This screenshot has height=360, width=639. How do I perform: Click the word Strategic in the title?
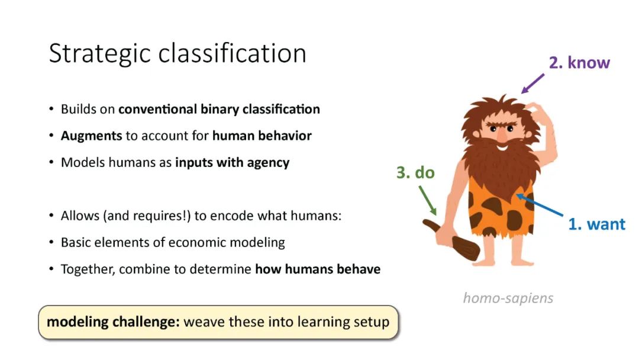click(100, 54)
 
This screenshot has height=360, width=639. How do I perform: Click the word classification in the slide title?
click(233, 53)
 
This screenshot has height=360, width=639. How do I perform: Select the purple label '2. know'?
click(579, 63)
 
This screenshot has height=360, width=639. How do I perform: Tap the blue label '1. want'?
click(596, 224)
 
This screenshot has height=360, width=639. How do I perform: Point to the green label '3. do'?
click(415, 172)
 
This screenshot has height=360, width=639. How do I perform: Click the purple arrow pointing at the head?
click(532, 83)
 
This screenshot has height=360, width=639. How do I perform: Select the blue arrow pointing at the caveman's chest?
click(540, 205)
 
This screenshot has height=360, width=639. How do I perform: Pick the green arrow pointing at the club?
click(428, 201)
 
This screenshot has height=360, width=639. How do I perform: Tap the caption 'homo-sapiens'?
click(508, 298)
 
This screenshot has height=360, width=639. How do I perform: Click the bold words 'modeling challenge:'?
click(113, 322)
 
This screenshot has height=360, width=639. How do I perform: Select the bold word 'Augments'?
click(91, 136)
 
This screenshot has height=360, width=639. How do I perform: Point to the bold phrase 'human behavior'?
click(262, 136)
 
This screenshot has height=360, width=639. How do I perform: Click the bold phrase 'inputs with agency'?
click(233, 163)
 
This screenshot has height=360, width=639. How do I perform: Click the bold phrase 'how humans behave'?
click(318, 269)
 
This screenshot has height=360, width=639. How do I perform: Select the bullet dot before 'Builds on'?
click(51, 110)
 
